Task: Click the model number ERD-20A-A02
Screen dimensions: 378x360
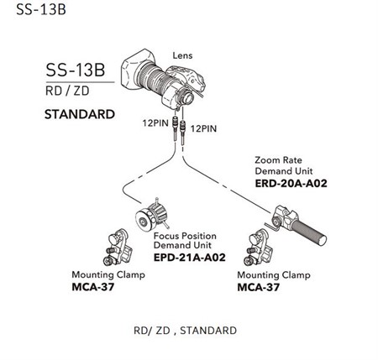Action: click(x=291, y=184)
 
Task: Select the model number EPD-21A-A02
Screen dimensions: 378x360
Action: click(x=190, y=258)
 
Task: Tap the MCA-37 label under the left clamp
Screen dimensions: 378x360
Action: click(x=93, y=287)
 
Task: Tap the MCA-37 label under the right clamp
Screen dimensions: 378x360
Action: click(x=258, y=287)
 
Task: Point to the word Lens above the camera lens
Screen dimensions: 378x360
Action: click(x=182, y=55)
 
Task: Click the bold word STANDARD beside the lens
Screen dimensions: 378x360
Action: click(x=80, y=114)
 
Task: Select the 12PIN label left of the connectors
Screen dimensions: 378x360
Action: click(x=155, y=123)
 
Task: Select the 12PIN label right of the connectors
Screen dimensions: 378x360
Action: click(x=203, y=128)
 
